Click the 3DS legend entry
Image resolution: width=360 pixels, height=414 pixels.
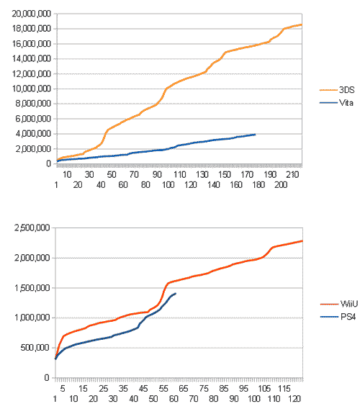[337, 90]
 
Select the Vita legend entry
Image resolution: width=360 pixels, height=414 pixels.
[336, 103]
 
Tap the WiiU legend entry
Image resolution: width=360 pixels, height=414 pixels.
[339, 304]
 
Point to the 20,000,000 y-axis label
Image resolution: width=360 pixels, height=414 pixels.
[31, 14]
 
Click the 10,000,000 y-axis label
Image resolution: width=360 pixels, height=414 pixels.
[31, 89]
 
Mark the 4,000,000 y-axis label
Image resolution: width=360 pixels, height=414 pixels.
[33, 134]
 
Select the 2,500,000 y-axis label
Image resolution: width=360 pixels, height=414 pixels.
[32, 228]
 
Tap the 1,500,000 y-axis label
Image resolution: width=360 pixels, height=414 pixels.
[32, 288]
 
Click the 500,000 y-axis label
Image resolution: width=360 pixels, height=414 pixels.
[35, 348]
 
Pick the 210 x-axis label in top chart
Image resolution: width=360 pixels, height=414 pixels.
[292, 175]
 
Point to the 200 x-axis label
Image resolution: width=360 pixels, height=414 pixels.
[281, 185]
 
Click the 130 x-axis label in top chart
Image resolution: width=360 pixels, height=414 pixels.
[202, 175]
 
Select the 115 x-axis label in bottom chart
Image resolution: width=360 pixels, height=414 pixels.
[284, 389]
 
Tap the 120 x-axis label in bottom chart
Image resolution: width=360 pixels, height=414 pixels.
[294, 399]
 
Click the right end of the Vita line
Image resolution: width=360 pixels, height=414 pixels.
[255, 135]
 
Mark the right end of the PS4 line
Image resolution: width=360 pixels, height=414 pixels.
[176, 293]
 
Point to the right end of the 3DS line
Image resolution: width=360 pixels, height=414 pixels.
[302, 24]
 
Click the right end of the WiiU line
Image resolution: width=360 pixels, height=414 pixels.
[302, 240]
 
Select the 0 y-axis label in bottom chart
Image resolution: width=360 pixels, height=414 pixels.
[47, 378]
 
